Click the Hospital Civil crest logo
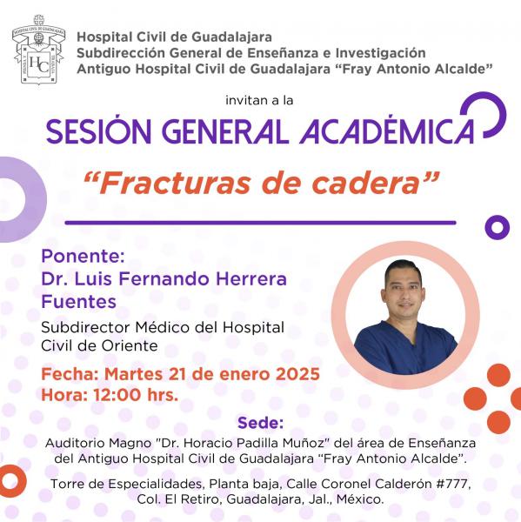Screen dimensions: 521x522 (38, 50)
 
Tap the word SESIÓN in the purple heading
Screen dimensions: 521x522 (99, 131)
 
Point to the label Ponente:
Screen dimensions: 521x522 (83, 256)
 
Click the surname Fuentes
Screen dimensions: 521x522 (79, 302)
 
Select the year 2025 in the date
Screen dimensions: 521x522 (297, 374)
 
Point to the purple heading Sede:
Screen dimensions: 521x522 (260, 423)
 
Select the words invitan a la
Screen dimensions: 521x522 (259, 100)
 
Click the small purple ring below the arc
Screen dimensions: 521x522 (497, 227)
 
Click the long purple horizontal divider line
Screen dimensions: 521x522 (260, 223)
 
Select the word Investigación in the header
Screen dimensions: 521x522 (380, 53)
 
